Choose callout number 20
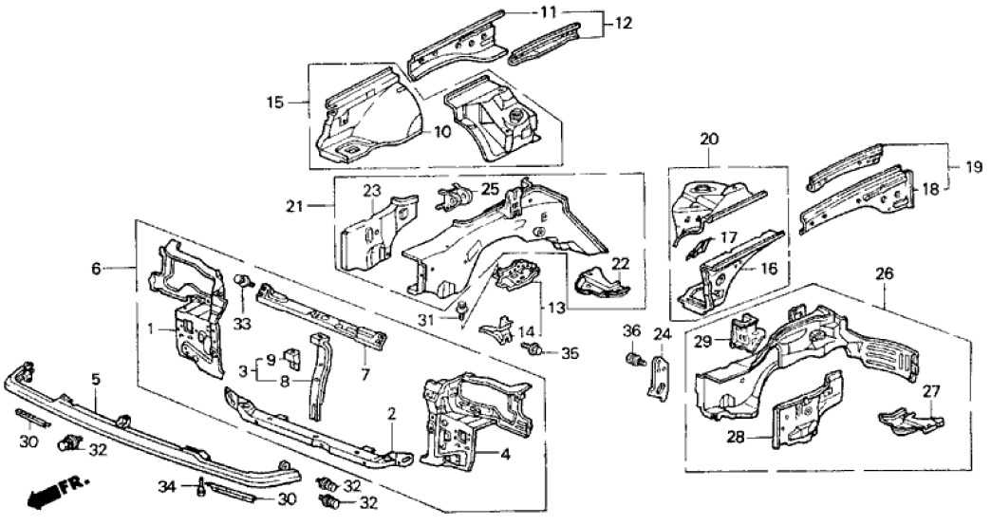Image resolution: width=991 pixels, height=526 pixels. (709, 139)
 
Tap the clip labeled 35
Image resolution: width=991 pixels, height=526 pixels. (535, 352)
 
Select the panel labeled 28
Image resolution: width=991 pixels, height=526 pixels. (795, 422)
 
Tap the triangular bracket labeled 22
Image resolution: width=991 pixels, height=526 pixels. (599, 281)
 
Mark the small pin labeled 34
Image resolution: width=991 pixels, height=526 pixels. (202, 488)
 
